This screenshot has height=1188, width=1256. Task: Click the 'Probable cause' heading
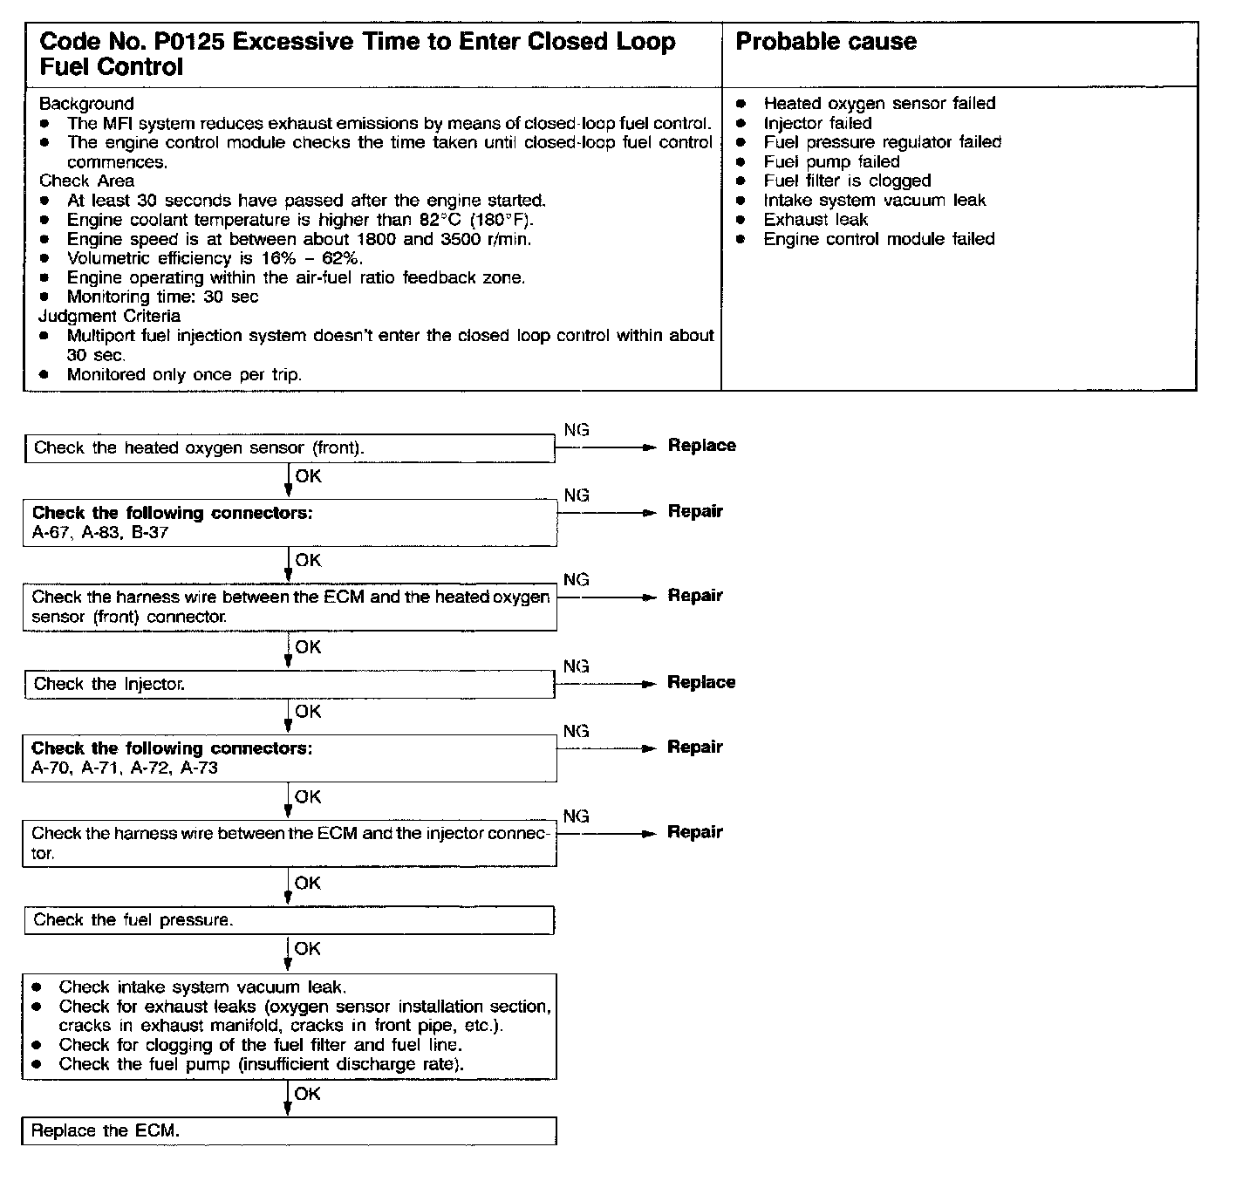(826, 42)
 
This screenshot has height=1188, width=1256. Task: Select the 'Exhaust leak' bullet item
(816, 220)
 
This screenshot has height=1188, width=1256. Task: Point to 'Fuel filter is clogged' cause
(847, 181)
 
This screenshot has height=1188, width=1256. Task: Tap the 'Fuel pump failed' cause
(831, 162)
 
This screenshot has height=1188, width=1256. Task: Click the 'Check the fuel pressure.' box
(289, 920)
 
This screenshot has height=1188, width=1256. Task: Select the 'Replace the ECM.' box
(289, 1131)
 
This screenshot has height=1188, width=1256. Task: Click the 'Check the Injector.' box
(289, 685)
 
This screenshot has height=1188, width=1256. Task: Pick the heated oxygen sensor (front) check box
(289, 448)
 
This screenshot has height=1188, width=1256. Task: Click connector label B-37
(150, 533)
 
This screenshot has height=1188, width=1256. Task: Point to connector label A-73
(199, 768)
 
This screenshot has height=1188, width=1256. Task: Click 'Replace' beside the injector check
(701, 683)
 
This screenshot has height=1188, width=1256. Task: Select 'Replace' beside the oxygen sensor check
(701, 446)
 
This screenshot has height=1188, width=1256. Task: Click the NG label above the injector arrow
(577, 666)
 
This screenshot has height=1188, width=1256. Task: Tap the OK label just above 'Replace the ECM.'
(308, 1094)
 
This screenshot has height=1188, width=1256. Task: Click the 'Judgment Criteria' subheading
(110, 317)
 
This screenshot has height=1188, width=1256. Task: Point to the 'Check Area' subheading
(87, 181)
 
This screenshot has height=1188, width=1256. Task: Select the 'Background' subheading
(86, 104)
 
